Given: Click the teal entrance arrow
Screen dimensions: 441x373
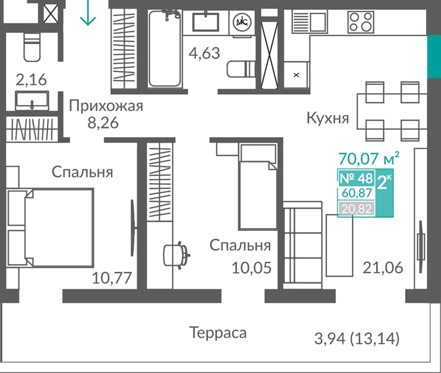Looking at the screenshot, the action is coord(88,13).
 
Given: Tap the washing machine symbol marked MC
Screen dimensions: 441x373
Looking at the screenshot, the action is coord(242,22).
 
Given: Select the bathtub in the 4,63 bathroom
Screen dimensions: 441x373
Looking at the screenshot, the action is coord(164,48).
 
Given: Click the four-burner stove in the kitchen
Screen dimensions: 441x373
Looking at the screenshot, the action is coord(361,22).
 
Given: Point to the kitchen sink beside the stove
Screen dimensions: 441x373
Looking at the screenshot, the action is coord(310,22).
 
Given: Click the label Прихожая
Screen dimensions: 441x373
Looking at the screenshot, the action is coord(106,106).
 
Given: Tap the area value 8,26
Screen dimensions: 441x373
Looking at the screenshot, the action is coord(103,123).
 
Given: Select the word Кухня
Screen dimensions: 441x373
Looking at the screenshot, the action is coord(328,118).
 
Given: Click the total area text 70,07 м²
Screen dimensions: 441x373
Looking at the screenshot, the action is coord(369,159).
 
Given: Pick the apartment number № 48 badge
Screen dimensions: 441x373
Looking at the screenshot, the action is coord(356,178).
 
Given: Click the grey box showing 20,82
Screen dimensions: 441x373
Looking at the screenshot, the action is coord(357,209).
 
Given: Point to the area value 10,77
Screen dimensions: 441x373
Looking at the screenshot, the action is coord(112,278).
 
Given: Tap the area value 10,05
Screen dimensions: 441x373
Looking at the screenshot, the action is coord(252,268).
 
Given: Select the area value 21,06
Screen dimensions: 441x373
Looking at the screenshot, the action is coord(383,268).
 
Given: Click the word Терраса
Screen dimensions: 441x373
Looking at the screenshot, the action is coord(218,333).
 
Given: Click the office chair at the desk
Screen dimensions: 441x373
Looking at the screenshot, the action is coord(176,255).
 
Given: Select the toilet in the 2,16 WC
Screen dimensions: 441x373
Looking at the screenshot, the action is coord(32,47).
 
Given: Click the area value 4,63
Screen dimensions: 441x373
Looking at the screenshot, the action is coord(204,53).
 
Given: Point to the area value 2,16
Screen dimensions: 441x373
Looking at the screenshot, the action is coord(31,80).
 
